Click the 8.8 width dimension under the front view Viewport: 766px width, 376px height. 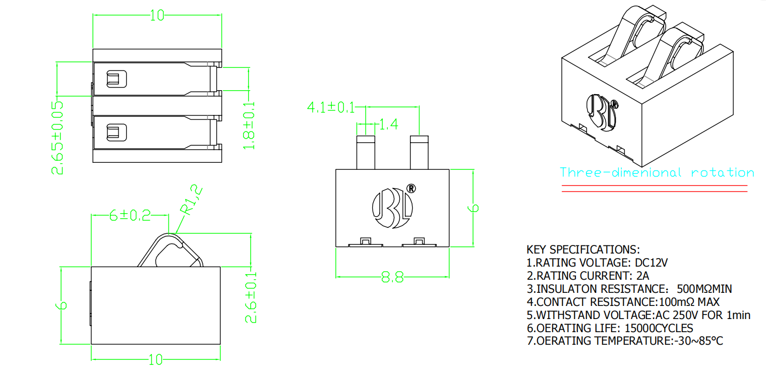pyautogui.click(x=392, y=278)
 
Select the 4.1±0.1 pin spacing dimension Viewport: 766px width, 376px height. pyautogui.click(x=330, y=107)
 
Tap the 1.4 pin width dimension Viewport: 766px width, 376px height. pyautogui.click(x=388, y=124)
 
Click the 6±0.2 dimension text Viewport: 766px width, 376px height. pyautogui.click(x=130, y=215)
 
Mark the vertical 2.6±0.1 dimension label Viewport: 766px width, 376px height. pyautogui.click(x=251, y=297)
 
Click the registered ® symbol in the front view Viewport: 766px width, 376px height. pyautogui.click(x=411, y=189)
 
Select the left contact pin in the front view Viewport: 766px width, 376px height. pyautogui.click(x=366, y=152)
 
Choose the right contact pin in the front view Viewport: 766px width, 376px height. pyautogui.click(x=419, y=152)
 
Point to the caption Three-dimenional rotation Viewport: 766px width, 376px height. pyautogui.click(x=657, y=173)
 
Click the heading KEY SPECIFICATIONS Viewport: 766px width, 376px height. pyautogui.click(x=583, y=250)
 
